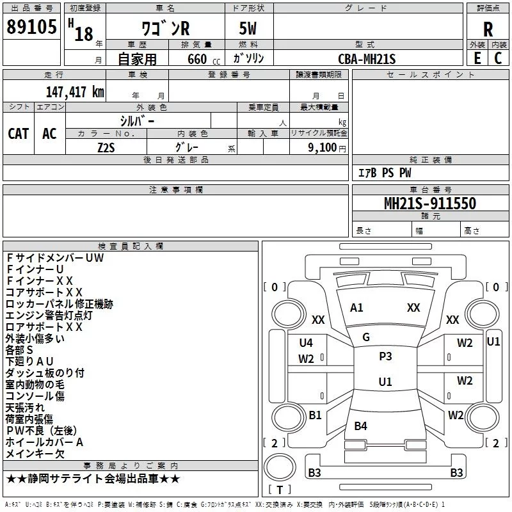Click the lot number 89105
point(31,26)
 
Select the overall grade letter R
point(488,29)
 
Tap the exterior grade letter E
point(477,58)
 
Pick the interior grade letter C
point(498,58)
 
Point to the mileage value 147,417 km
point(75,92)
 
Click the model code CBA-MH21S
point(367,59)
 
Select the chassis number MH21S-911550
point(430,203)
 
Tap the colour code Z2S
point(106,148)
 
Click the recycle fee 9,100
point(323,148)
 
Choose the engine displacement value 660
point(197,59)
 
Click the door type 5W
point(248,28)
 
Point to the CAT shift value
point(19,134)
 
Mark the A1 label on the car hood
point(356,308)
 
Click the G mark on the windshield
point(366,337)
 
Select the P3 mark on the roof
point(385,356)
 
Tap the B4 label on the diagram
point(360,426)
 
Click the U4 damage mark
point(306,343)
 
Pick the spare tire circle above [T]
point(280,467)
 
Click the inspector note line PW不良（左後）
point(42,430)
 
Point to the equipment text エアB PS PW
point(385,173)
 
